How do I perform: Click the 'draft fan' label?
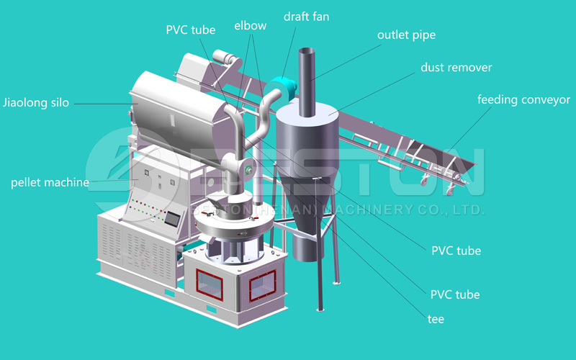pos(306,16)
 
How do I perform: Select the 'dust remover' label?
pos(456,68)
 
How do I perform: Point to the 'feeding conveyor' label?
pos(523,99)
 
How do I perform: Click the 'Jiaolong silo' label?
pos(36,103)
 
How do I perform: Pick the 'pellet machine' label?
pos(50,182)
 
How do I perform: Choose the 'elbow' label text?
pos(250,26)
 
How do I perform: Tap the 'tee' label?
pos(436,319)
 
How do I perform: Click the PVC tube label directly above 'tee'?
pos(455,294)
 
